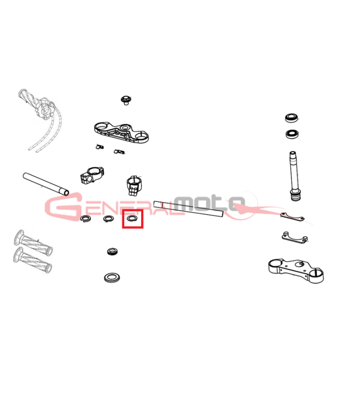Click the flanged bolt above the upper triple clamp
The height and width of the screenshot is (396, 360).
pos(126,100)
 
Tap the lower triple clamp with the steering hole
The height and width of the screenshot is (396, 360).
pos(296,271)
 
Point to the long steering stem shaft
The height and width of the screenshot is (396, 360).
pos(294,176)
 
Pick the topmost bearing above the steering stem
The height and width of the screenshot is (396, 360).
pos(292,118)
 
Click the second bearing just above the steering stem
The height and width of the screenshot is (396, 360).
pos(293,134)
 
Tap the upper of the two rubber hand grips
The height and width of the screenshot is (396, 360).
pos(33,243)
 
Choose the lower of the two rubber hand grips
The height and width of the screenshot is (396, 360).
pos(32,260)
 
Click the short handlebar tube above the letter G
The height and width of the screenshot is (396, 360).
pos(46,184)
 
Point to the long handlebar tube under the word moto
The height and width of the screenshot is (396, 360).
pos(189,209)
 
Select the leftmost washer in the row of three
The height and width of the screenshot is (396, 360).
pos(86,218)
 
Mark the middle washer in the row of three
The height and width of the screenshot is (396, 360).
pos(108,218)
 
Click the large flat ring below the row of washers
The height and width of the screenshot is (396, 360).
pos(112,277)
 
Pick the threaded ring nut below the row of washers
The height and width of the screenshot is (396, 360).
pos(112,251)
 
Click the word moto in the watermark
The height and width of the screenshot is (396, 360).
pos(210,203)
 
